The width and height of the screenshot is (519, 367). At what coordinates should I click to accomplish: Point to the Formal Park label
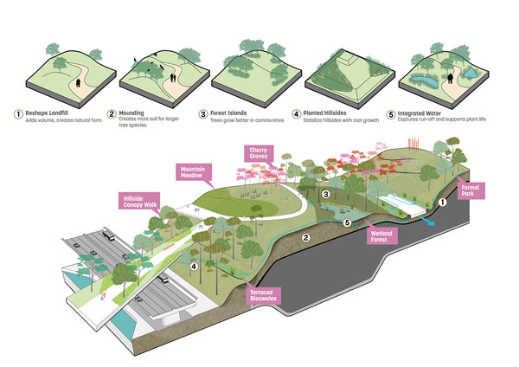point(469,190)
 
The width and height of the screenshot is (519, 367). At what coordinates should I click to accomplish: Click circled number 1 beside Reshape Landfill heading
point(17,113)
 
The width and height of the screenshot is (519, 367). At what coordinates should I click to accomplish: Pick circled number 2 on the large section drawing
point(304,236)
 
